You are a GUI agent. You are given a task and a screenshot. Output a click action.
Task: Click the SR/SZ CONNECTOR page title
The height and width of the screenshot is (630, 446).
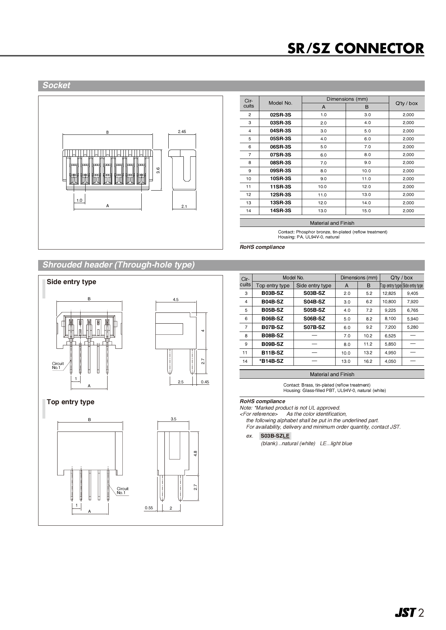click(x=355, y=49)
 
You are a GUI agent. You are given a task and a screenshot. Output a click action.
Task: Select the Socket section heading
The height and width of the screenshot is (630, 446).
click(x=56, y=86)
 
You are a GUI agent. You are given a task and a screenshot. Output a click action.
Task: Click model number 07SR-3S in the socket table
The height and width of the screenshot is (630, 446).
click(x=280, y=155)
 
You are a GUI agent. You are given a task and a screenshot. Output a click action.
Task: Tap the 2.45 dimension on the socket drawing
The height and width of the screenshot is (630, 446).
click(x=182, y=132)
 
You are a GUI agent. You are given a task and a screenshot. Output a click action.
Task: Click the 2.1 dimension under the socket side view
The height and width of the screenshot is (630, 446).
click(x=184, y=206)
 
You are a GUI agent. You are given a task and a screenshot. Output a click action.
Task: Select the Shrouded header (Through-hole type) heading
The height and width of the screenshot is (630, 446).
click(x=118, y=265)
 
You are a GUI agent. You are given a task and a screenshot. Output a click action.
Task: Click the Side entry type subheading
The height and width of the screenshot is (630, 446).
click(x=71, y=282)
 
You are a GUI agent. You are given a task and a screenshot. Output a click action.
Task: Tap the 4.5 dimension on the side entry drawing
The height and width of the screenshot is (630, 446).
click(x=176, y=300)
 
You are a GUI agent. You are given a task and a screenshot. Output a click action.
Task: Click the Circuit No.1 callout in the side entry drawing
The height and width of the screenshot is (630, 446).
click(x=58, y=365)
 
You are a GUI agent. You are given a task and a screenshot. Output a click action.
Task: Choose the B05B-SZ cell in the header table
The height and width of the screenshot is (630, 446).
click(x=272, y=310)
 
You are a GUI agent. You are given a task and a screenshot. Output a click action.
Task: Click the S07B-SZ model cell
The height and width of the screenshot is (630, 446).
click(x=314, y=327)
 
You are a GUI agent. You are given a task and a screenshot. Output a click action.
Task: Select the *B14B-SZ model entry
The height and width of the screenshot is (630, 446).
click(x=271, y=361)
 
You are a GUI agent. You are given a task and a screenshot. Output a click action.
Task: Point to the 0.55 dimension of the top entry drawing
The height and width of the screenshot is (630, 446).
click(x=149, y=508)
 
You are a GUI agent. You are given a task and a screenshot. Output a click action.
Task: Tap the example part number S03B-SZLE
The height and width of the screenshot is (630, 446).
click(x=275, y=436)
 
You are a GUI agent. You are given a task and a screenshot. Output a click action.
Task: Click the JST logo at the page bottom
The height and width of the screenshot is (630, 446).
click(x=405, y=613)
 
